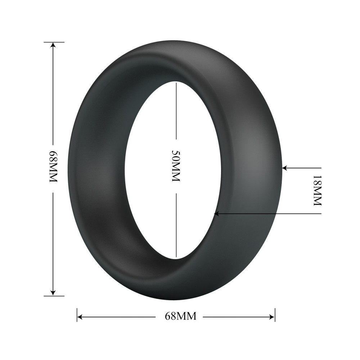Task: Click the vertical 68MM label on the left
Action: tap(53, 166)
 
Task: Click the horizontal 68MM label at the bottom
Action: tap(180, 317)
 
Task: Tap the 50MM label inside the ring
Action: tap(176, 166)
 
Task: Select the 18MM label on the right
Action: tap(316, 190)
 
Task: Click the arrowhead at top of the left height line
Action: tap(53, 45)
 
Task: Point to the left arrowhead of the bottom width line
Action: tap(80, 317)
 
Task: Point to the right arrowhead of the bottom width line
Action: tap(272, 317)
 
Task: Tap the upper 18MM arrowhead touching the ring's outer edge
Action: tap(284, 167)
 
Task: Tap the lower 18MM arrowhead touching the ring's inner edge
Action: tap(216, 214)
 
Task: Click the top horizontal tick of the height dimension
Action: tap(54, 42)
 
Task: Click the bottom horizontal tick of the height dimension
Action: tap(54, 296)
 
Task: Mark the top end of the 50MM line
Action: tap(176, 82)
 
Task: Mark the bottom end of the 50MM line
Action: tap(176, 257)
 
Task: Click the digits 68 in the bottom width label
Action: tap(170, 317)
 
